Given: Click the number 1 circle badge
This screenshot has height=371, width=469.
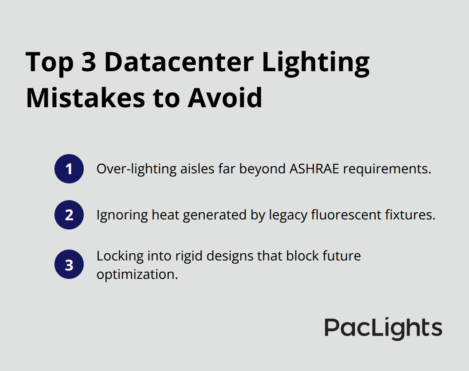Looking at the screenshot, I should [x=69, y=169].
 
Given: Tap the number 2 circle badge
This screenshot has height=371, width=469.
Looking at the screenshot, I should [x=69, y=215].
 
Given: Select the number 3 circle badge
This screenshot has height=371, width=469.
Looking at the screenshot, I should [x=69, y=265].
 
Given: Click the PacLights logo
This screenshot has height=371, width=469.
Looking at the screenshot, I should [x=383, y=328].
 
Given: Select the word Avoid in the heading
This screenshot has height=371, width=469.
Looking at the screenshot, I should [x=225, y=98].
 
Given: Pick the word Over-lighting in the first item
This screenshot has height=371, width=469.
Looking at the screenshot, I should [x=130, y=169].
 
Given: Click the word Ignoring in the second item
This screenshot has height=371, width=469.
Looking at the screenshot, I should [x=121, y=215].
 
